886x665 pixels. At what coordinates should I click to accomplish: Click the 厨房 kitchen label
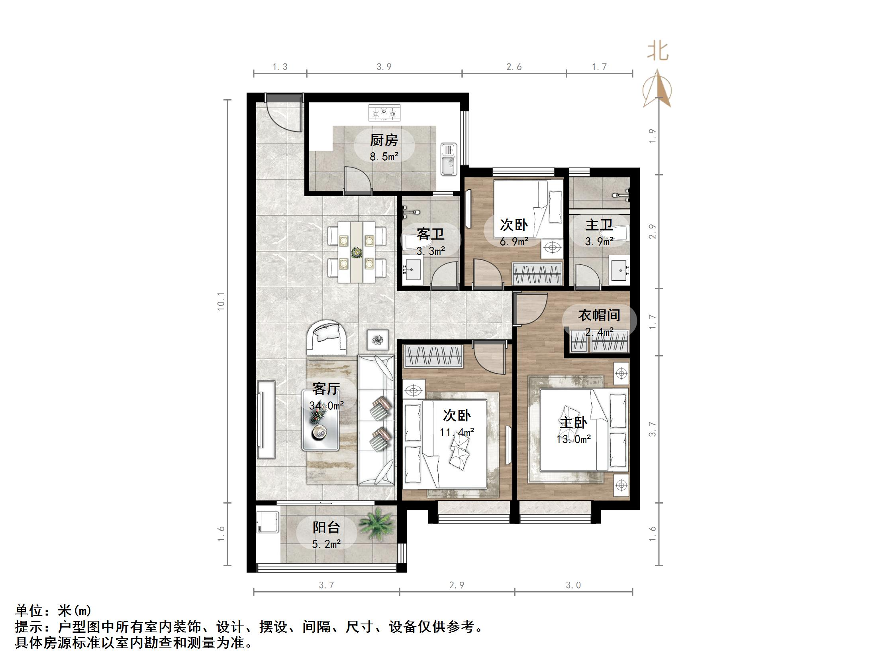coord(384,140)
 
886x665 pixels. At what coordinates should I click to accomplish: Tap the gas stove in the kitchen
coord(384,113)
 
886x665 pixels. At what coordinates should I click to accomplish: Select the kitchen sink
coord(449,159)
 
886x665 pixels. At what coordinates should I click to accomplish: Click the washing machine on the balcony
coord(268,520)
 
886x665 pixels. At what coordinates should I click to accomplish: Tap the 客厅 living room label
coord(326,389)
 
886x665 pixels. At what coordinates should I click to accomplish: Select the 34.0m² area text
coord(326,405)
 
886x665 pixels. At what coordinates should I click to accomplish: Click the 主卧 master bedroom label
coord(573,423)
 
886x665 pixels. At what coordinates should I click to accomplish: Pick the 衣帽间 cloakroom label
coord(599,315)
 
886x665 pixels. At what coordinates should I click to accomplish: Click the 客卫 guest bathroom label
coord(430,234)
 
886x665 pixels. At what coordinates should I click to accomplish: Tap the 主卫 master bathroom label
coord(599,225)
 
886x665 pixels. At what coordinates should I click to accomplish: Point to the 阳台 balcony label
coord(326,527)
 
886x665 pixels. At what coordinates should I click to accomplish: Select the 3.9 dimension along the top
coord(384,67)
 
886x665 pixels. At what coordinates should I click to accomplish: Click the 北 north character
coord(658,52)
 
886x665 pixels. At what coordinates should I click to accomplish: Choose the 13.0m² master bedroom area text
coord(573,439)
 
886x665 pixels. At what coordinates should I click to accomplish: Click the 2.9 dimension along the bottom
coord(457,585)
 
